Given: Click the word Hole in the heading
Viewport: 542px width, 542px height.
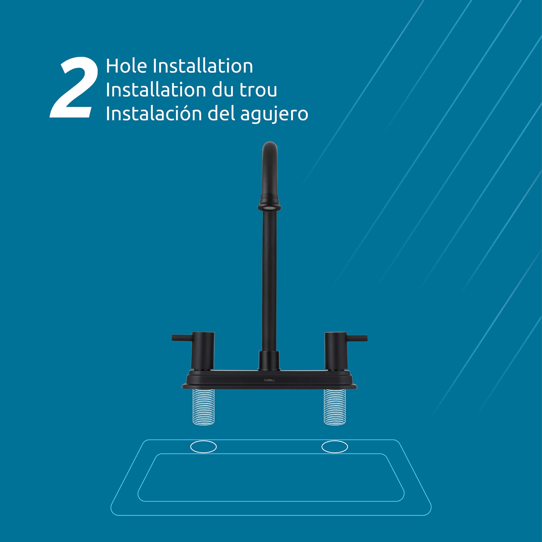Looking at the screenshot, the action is point(127,66).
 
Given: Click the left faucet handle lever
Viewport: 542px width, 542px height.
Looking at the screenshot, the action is point(182,338).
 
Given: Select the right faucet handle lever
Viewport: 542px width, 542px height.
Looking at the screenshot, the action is point(357,338).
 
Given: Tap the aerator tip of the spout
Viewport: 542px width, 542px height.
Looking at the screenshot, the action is point(269,208).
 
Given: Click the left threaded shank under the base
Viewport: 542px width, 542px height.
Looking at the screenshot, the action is point(204,407).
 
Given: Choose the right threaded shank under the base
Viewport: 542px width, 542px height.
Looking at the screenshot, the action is point(335,407).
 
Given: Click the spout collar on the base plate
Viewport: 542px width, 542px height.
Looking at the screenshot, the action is point(269,361).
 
